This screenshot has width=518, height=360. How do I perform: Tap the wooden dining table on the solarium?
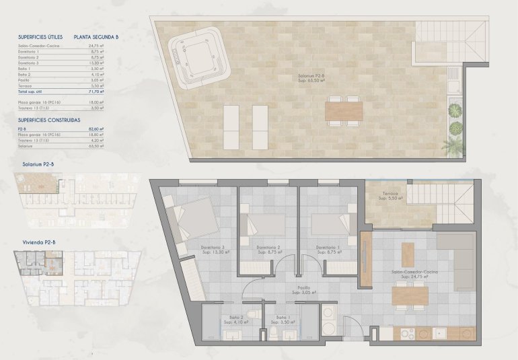pyautogui.click(x=344, y=110)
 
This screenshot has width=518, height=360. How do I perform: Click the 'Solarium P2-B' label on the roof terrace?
pyautogui.click(x=312, y=76)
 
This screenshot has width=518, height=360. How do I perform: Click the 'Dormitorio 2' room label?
pyautogui.click(x=268, y=247)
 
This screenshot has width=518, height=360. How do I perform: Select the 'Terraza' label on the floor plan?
pyautogui.click(x=388, y=194)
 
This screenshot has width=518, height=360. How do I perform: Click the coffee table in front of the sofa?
pyautogui.click(x=408, y=254)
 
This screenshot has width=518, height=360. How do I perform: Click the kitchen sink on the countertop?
pyautogui.click(x=441, y=332)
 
